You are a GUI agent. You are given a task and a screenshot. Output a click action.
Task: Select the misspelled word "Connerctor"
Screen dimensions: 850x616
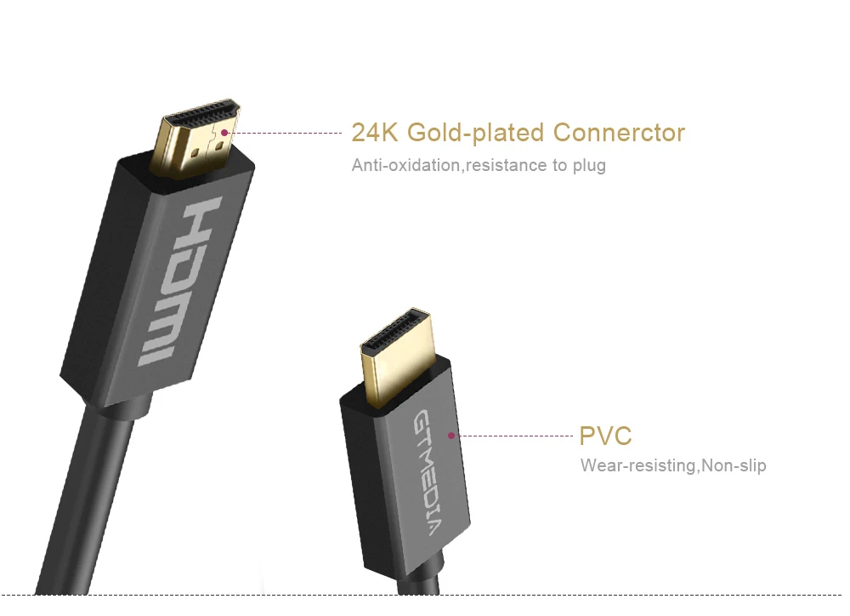pos(619,133)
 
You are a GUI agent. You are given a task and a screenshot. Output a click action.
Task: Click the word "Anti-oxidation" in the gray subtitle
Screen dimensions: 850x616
pos(405,165)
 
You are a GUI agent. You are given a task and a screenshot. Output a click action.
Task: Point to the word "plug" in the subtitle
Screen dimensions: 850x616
pos(589,166)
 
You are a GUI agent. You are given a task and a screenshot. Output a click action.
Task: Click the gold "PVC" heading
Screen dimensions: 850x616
pos(605,436)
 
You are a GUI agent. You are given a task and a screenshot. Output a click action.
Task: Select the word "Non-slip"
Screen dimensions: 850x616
pos(734,465)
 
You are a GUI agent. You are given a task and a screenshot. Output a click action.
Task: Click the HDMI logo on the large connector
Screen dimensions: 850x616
pos(178,281)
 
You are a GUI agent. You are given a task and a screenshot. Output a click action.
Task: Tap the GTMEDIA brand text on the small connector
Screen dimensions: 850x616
pos(427,473)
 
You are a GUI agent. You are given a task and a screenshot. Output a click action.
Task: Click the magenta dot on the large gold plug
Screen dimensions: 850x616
pos(224,133)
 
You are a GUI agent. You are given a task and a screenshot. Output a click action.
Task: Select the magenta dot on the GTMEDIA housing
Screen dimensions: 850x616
pos(451,436)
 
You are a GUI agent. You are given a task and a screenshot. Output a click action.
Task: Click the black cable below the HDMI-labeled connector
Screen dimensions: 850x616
pos(91,499)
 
